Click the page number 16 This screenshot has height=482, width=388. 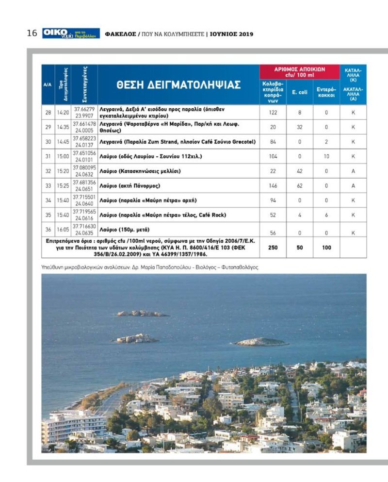pos(32,33)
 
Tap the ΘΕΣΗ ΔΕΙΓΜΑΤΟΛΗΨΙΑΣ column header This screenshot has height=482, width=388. pos(178,84)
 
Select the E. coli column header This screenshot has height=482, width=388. pos(300,92)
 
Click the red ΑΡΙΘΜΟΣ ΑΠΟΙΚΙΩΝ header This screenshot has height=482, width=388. pos(300,72)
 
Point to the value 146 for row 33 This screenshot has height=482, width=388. pos(273,186)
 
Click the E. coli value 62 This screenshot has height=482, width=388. pos(300,186)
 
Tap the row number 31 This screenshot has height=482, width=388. pos(48,156)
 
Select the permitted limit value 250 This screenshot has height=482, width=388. pos(273,248)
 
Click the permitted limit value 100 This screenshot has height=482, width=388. pos(326,248)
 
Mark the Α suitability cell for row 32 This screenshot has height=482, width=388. pos(353,171)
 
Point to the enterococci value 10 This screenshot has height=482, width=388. pos(326,156)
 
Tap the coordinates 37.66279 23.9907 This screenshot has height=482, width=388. pos(84,113)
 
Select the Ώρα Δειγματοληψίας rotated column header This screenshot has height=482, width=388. pos(63,84)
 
